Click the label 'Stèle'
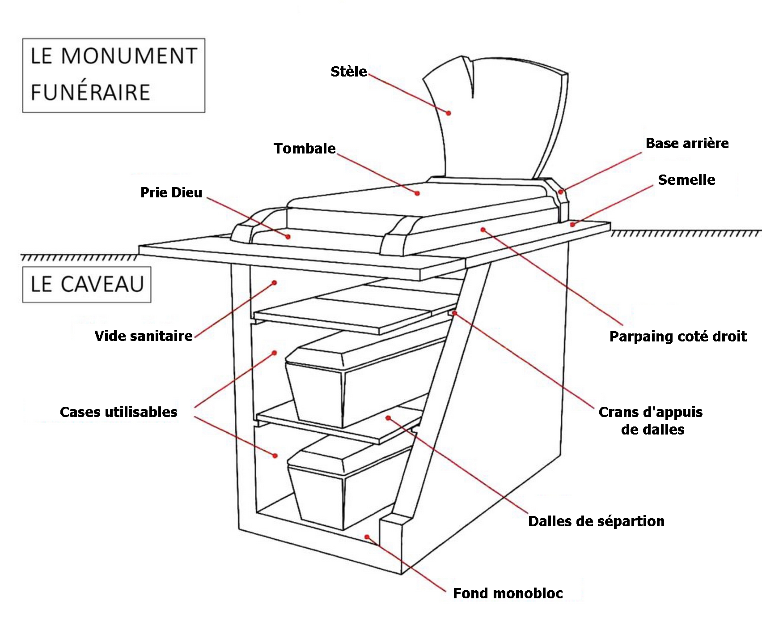tap(348, 72)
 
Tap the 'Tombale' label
tap(305, 149)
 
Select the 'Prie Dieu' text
tap(171, 192)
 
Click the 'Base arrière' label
tap(687, 143)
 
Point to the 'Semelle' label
tap(686, 180)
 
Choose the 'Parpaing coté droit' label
tap(678, 337)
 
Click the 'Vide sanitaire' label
tap(144, 336)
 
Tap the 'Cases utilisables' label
tap(119, 412)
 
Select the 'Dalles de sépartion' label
tap(596, 521)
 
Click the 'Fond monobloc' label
tap(508, 593)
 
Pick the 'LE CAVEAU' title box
tap(87, 285)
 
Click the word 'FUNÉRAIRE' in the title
tap(90, 93)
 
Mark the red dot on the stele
tap(449, 113)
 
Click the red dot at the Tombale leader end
tap(417, 193)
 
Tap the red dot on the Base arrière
tap(561, 192)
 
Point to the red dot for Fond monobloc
tap(367, 537)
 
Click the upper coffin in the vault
tap(358, 380)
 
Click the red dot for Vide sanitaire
tap(275, 283)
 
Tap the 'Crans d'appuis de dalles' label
tap(651, 421)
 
